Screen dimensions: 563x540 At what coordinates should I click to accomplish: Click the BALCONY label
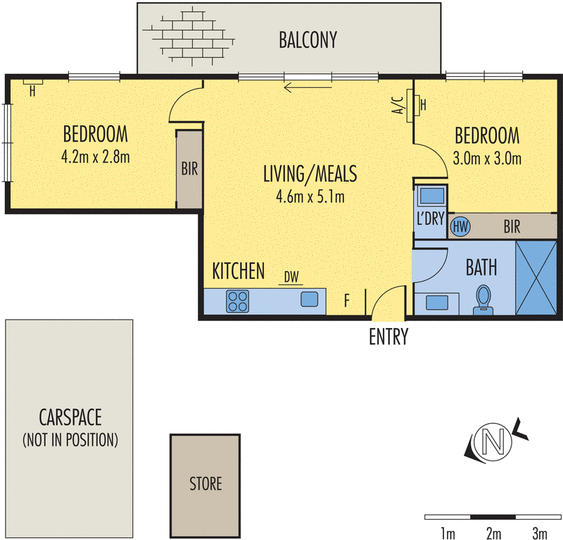coord(308,40)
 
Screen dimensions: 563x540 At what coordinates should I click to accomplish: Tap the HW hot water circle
coord(460,226)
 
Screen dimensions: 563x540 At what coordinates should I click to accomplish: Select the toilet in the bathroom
coord(483,300)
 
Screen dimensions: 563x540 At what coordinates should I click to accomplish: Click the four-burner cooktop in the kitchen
coord(237,301)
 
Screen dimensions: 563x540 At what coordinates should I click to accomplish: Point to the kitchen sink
coord(309,299)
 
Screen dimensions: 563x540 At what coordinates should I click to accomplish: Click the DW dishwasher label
coord(291,277)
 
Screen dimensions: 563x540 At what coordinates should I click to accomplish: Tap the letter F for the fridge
coord(347,301)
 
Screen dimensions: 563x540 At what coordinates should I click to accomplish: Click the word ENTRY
coord(388,337)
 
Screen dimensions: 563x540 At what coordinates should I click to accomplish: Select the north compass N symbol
coord(494,442)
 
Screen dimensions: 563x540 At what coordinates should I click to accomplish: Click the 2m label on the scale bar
coord(494,533)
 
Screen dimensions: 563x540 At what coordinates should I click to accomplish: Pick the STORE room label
coord(205,484)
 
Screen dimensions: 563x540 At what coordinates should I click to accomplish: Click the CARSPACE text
coord(70,417)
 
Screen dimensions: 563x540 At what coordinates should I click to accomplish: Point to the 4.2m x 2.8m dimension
coord(96,156)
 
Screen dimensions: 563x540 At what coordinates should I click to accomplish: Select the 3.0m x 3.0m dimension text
coord(487,158)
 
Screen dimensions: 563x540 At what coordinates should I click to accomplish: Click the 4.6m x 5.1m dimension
coord(310,196)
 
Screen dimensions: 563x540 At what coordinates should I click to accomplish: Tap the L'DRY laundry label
coord(431,218)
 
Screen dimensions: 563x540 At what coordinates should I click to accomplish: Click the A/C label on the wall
coord(398,106)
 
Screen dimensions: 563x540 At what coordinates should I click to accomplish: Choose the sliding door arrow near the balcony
coord(308,87)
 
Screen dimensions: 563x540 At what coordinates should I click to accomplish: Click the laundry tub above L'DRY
coord(431,196)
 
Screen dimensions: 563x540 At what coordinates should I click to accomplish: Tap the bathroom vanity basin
coord(436,303)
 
